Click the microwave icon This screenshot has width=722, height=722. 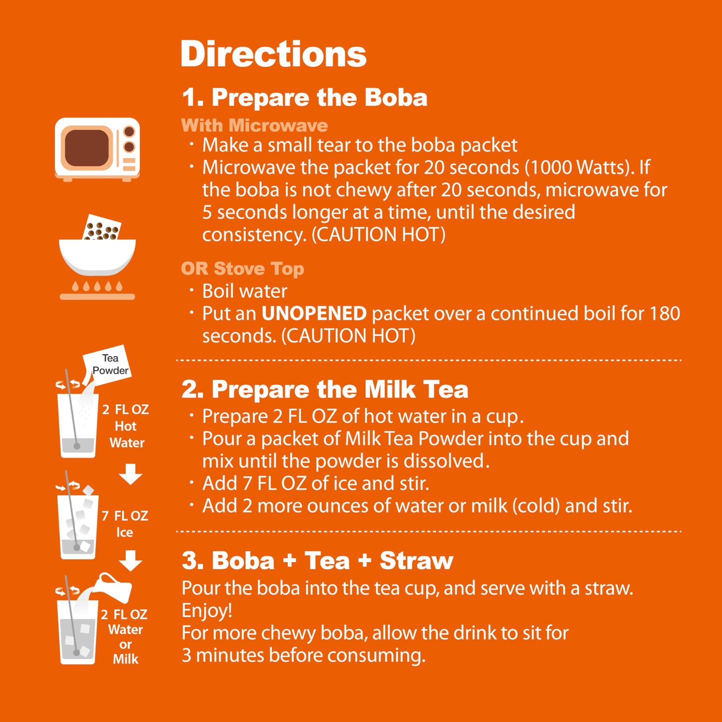point(97,148)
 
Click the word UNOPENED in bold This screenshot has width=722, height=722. point(314,314)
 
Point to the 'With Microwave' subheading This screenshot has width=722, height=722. point(254,125)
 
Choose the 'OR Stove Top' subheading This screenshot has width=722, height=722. point(242,269)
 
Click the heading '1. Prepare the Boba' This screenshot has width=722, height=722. point(304,97)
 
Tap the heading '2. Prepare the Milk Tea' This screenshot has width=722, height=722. point(325,390)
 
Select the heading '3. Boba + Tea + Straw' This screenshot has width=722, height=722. point(317,561)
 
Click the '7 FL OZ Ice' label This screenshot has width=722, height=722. point(125,524)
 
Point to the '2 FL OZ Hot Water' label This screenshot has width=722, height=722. point(126,426)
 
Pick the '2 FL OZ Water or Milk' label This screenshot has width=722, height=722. point(125,636)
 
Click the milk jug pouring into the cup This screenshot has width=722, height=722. point(115,587)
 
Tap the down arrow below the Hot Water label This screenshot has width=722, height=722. point(130,474)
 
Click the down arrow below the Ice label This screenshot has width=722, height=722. point(130,561)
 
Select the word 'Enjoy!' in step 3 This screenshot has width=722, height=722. point(207,611)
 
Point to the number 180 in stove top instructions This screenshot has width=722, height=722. point(665,314)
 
